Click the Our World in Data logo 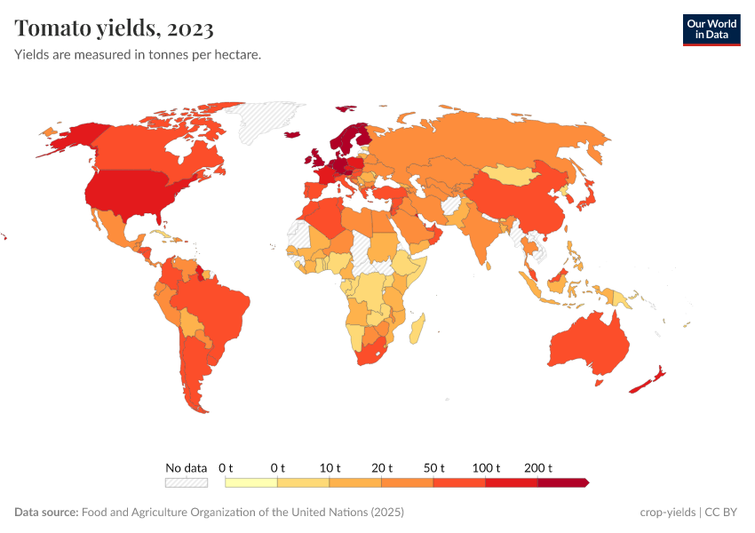[x=711, y=28]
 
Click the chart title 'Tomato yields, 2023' [x=114, y=28]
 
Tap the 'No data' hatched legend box [x=186, y=482]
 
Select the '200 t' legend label [x=538, y=467]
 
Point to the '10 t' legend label [x=330, y=467]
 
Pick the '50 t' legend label [x=433, y=467]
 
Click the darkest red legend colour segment [x=562, y=482]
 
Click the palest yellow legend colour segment [x=251, y=482]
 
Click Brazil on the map [x=218, y=306]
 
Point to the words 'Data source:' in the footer [x=46, y=513]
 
